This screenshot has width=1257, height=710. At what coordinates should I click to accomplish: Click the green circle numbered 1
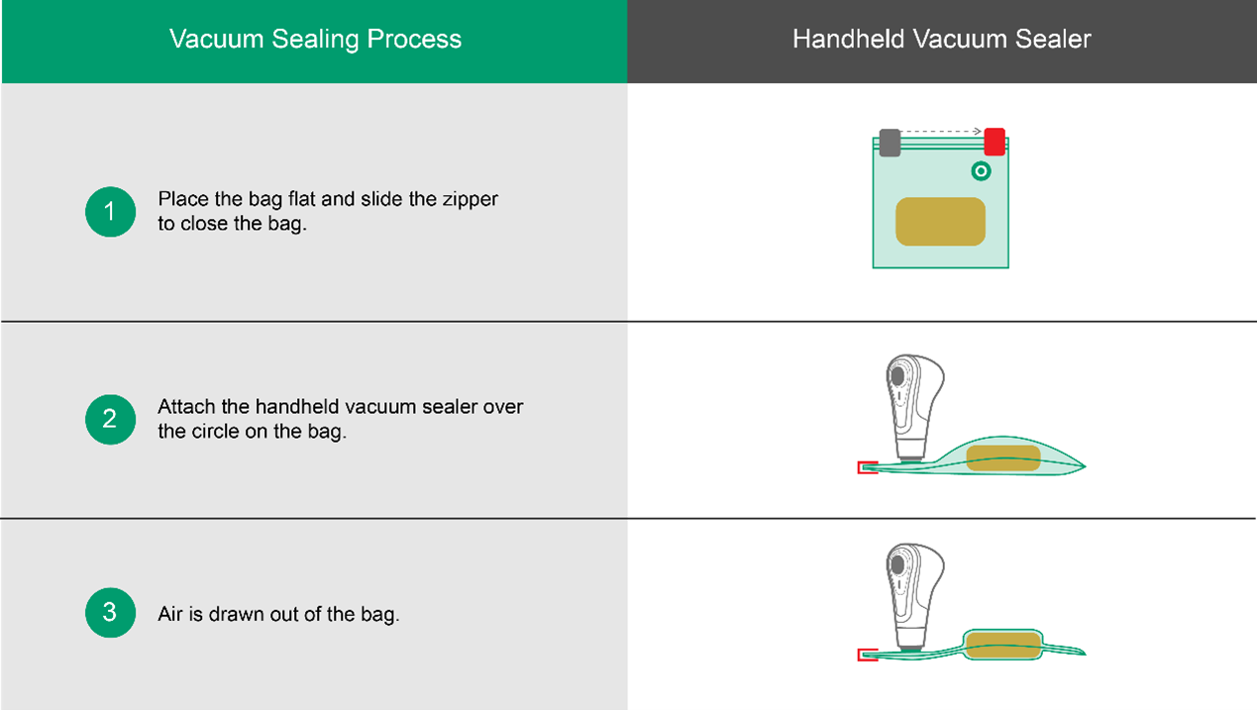coord(110,212)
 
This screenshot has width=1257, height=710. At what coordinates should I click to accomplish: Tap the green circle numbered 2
coord(110,419)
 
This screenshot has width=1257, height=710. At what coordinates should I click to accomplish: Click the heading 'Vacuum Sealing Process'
coord(315,40)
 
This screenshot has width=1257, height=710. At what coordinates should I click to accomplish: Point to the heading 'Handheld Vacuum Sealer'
coord(941,40)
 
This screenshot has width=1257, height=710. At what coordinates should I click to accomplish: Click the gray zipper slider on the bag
coord(890,143)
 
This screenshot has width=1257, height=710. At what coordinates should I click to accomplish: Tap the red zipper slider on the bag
coord(995,143)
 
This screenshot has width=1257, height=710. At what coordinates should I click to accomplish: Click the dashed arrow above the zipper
coord(941,131)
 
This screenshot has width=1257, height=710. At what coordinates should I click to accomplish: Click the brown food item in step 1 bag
coord(940,222)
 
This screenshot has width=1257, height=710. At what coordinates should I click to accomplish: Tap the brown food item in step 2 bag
coord(1002,457)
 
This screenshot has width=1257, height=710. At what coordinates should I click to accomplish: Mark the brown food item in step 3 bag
coord(1002,645)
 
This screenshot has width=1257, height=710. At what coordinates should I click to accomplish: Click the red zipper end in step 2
coord(867,467)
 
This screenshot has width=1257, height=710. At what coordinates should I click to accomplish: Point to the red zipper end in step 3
coord(867,655)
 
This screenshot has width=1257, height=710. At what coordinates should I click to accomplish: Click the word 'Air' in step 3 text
coord(171,614)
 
